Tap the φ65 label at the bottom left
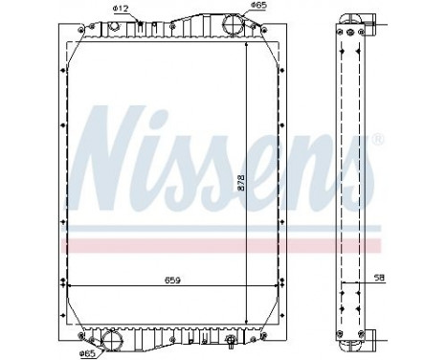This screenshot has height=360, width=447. (87, 353)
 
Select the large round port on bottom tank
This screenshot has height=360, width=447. (113, 338)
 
